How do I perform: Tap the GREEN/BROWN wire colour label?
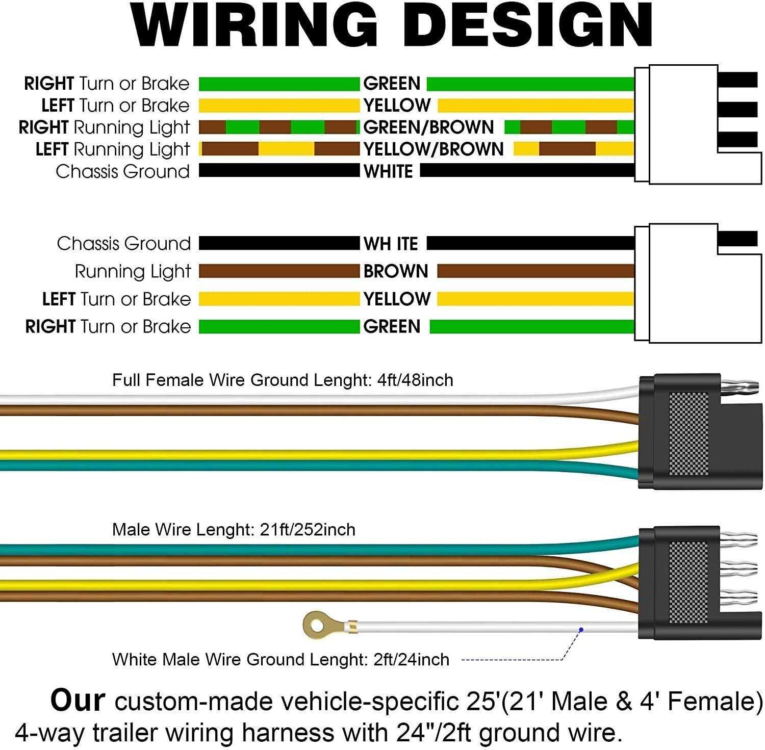click(428, 127)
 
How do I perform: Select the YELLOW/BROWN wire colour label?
click(433, 149)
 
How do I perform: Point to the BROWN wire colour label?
click(396, 271)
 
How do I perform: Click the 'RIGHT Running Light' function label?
click(104, 127)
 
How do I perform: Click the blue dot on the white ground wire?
click(580, 630)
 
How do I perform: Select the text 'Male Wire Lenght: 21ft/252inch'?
click(234, 530)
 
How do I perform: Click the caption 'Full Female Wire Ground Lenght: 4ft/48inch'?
click(283, 380)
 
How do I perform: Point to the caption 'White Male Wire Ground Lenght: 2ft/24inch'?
click(280, 659)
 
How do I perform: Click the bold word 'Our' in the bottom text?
click(78, 700)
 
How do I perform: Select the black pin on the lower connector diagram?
click(737, 239)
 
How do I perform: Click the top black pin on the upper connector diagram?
click(737, 80)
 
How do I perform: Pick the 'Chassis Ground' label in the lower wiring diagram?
click(124, 244)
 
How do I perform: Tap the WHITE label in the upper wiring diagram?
click(388, 171)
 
